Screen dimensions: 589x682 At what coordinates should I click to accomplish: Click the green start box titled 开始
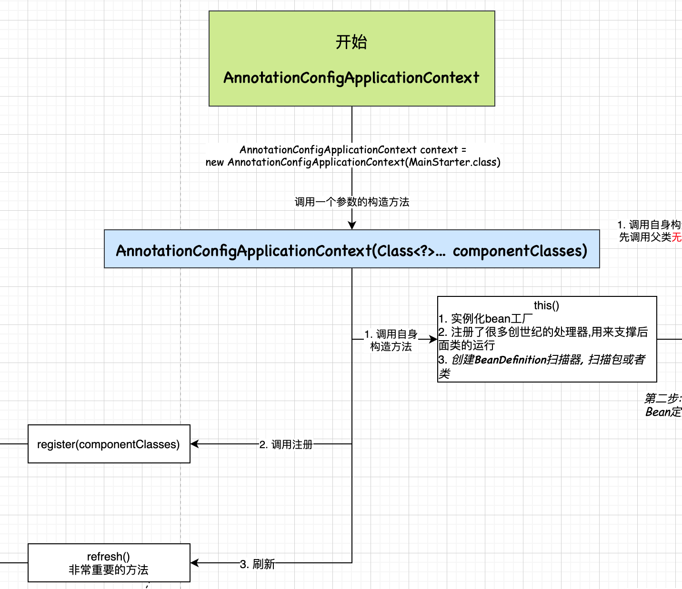click(x=351, y=59)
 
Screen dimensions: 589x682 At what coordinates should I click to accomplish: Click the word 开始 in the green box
click(x=351, y=42)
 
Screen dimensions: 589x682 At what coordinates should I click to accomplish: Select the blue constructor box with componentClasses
click(x=351, y=249)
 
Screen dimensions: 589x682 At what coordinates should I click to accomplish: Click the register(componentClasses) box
click(x=109, y=444)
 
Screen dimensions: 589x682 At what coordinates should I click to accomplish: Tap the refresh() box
click(x=109, y=563)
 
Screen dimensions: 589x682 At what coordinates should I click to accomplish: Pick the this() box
click(x=547, y=339)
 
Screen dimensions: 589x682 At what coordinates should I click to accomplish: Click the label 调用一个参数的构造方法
click(x=352, y=202)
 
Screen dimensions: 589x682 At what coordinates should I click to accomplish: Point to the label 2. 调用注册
click(x=286, y=444)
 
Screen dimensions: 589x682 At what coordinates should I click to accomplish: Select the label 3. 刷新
click(x=257, y=564)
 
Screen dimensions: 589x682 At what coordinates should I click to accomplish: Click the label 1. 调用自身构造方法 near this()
click(x=391, y=340)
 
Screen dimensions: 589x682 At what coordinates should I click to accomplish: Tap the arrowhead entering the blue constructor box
click(x=352, y=226)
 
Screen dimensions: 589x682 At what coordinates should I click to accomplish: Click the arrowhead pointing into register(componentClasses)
click(x=195, y=444)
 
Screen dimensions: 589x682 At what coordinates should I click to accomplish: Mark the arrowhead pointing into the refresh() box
click(x=195, y=563)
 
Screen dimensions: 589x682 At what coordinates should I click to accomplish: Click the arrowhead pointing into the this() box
click(x=433, y=339)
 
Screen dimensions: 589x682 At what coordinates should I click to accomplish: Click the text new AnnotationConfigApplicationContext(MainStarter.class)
click(x=353, y=162)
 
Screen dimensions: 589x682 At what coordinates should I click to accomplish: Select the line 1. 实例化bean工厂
click(x=485, y=318)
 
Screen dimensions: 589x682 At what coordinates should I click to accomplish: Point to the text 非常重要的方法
click(x=109, y=569)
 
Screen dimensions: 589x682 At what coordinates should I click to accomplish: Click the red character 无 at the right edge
click(x=677, y=237)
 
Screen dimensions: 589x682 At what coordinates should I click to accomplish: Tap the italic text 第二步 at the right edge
click(x=662, y=398)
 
